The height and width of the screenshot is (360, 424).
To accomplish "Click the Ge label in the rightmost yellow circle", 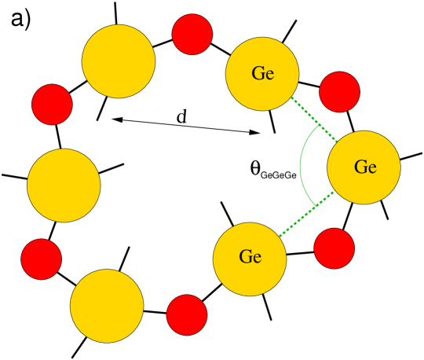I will (x=365, y=167).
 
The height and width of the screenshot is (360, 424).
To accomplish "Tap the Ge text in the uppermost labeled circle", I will (x=263, y=74).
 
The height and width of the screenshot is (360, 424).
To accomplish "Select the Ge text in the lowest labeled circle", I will (x=250, y=257).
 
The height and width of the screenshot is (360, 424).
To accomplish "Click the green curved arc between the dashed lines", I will (x=300, y=167).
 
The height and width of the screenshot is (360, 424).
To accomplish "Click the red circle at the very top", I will (x=192, y=35).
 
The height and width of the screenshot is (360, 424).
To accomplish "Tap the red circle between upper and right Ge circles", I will (x=340, y=92).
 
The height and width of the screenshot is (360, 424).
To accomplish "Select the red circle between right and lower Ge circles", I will (x=334, y=248).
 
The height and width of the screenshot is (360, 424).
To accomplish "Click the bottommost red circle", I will (x=187, y=315).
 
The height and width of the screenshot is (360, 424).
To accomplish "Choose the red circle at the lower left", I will (x=42, y=259).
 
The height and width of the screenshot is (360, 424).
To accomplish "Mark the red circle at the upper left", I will (x=53, y=105).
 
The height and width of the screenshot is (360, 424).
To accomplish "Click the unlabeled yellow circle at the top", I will (x=119, y=61).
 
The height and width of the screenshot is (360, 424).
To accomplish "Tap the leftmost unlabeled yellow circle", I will (x=64, y=186).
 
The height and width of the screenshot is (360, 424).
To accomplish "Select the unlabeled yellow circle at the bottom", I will (x=107, y=306).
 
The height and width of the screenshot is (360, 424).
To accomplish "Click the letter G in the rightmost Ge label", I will (x=360, y=167).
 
